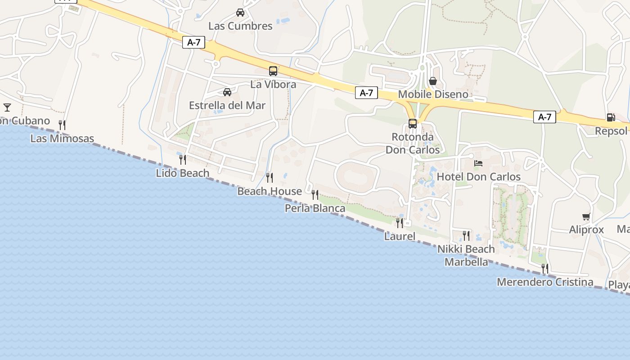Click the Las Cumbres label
[240, 26]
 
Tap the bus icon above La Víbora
[273, 71]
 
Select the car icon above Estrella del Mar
[227, 92]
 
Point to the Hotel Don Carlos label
[478, 177]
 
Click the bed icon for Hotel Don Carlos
[478, 163]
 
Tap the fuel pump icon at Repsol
[611, 117]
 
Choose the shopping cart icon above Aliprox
[586, 216]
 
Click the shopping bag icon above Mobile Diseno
[432, 81]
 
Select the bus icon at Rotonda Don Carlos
[412, 123]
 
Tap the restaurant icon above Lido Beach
[182, 159]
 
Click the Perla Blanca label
[315, 208]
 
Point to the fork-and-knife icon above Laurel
[399, 223]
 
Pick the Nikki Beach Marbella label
[466, 255]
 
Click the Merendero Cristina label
[544, 282]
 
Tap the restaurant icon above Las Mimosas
[62, 125]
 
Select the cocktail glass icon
[7, 107]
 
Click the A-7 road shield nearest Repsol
[544, 117]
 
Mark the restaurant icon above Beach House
[269, 178]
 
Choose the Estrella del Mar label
[227, 105]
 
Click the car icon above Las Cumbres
[240, 13]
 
